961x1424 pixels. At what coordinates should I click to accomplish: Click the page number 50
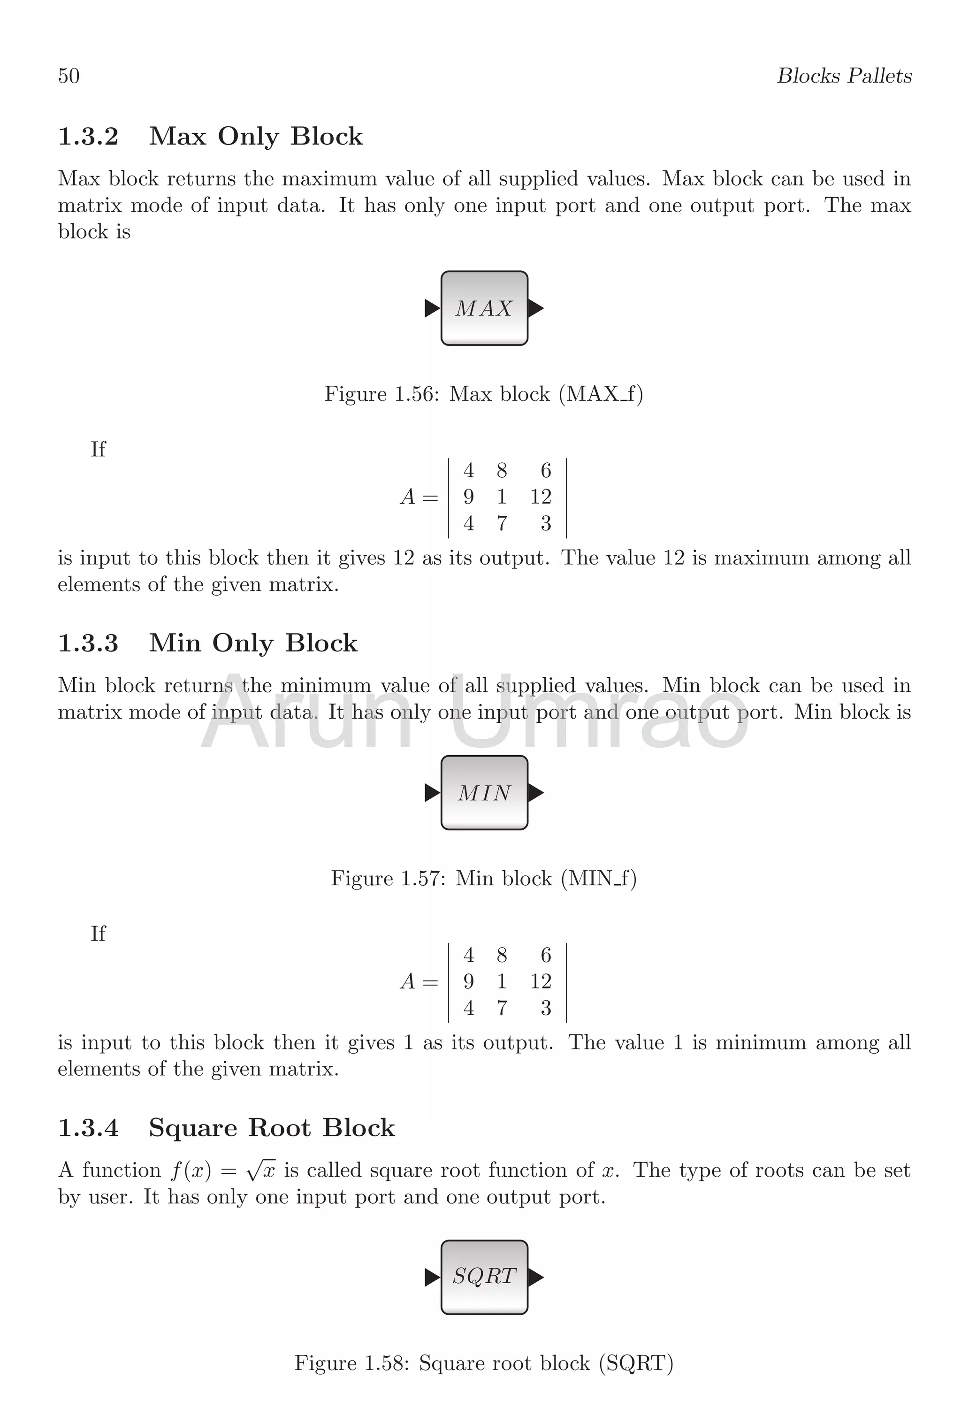(69, 76)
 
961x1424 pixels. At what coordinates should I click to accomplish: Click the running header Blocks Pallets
(844, 76)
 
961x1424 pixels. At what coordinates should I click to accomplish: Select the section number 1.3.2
(88, 136)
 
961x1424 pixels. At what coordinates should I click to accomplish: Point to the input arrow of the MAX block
(432, 308)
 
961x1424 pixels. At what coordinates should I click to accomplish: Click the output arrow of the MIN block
(535, 793)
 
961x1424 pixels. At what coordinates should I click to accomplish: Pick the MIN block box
(484, 793)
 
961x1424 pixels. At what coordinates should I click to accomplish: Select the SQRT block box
(484, 1277)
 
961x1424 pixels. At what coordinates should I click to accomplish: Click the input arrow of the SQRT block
(432, 1278)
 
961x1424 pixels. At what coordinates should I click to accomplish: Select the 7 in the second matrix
(502, 1008)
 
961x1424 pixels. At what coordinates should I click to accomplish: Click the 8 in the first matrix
(502, 471)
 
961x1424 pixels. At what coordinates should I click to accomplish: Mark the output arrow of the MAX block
(535, 308)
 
